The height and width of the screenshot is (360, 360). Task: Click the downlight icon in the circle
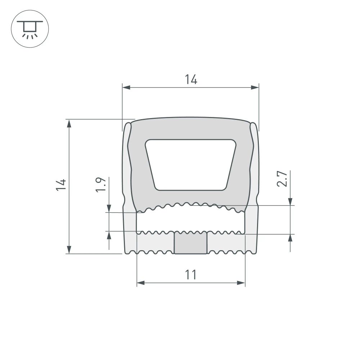(x=30, y=30)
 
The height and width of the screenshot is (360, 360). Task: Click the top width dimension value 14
(x=191, y=79)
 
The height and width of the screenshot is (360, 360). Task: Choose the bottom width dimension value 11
(x=191, y=275)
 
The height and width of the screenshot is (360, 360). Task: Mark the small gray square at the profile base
(x=190, y=243)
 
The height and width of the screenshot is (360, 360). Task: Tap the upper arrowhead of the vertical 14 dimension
(x=69, y=123)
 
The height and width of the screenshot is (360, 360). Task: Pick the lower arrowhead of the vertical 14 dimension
(x=69, y=249)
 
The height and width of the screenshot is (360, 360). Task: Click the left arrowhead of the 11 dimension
(x=141, y=283)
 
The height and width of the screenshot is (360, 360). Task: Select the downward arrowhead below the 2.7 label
(x=290, y=202)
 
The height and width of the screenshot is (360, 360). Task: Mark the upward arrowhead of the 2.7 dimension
(x=290, y=238)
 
